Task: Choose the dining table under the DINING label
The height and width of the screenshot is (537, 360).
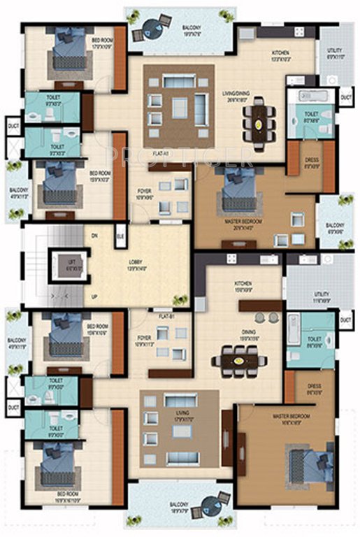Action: tap(240, 361)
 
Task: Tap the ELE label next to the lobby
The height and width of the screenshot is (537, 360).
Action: tap(121, 236)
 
